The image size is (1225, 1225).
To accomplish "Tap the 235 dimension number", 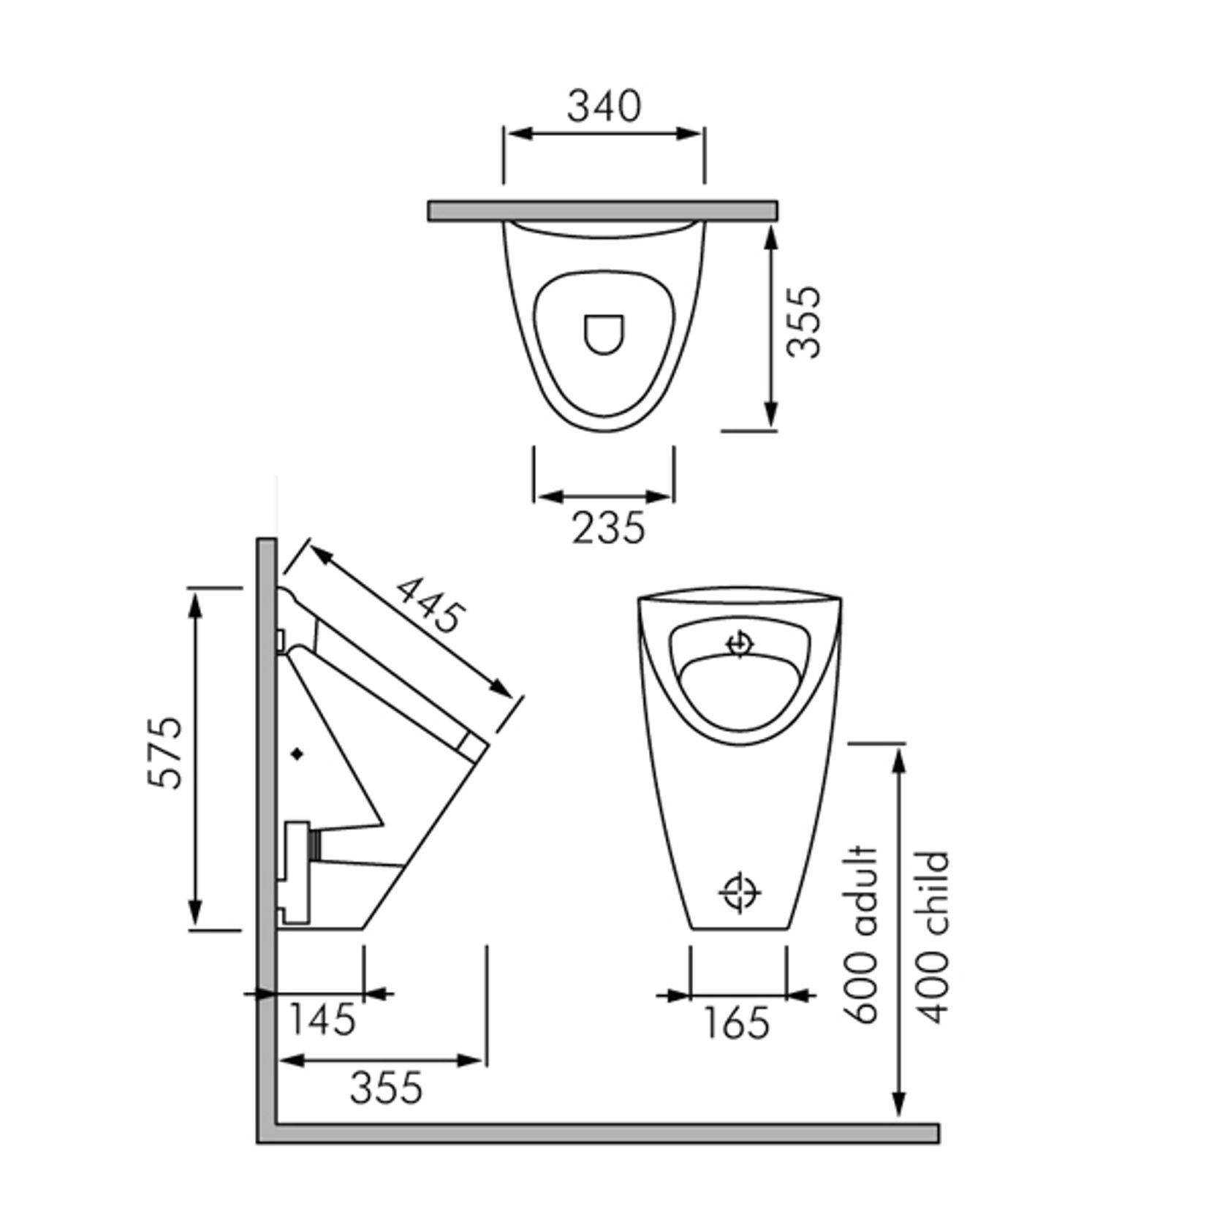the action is click(x=608, y=528).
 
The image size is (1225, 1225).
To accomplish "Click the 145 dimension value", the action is click(x=322, y=1019).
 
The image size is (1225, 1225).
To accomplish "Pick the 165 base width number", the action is click(x=736, y=1023).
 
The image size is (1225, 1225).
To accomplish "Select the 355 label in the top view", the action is click(x=804, y=321).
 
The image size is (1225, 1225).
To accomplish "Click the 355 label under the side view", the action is click(x=386, y=1088).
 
